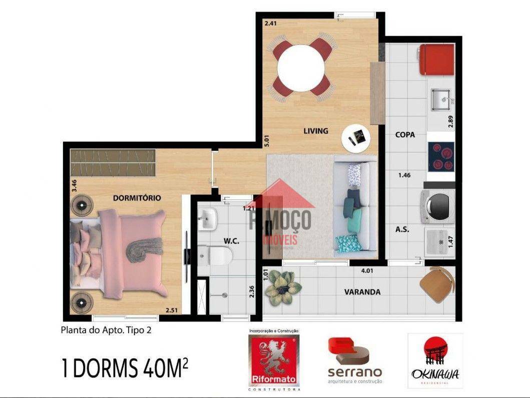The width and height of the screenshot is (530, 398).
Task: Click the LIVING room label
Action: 316,131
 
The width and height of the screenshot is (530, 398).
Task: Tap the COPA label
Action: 405,134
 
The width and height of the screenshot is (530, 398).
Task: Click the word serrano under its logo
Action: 354,372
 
